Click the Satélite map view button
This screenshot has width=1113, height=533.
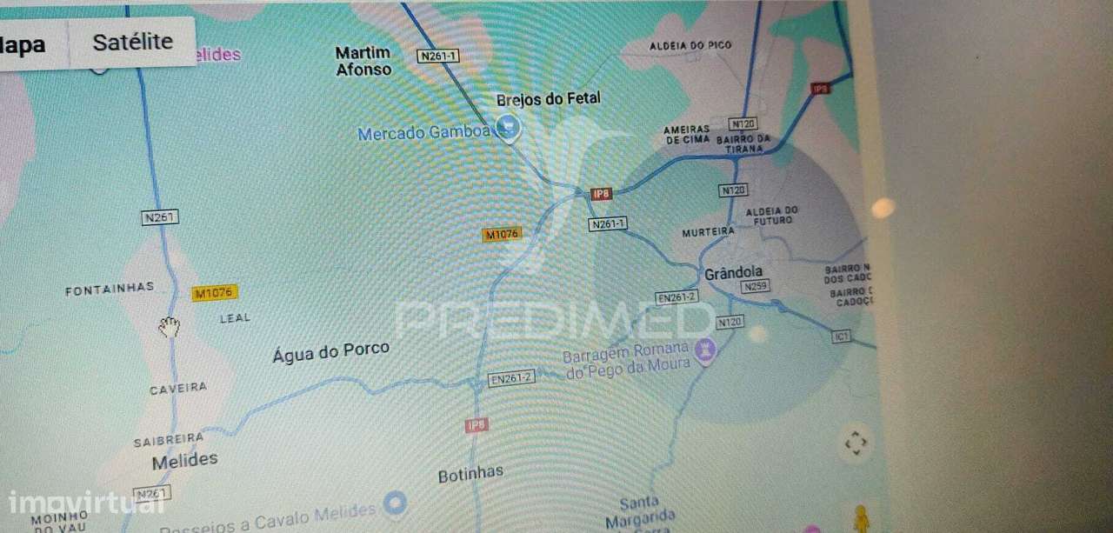point(132,42)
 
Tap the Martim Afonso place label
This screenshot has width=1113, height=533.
point(363,61)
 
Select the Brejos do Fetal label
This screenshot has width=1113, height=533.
point(548,99)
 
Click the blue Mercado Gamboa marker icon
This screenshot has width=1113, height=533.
point(508,130)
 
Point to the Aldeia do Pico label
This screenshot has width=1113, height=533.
point(690,45)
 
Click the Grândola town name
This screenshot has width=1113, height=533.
point(733,273)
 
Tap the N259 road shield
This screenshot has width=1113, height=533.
point(756,286)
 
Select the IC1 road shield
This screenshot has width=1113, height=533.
point(840,336)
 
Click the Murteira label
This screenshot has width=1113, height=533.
point(708,232)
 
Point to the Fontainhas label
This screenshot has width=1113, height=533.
point(110,289)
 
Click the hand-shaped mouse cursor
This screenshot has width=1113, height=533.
point(170,327)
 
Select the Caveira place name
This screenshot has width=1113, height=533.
point(178,389)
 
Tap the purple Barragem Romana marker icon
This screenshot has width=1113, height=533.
point(705,350)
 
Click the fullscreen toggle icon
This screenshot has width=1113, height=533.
point(856,443)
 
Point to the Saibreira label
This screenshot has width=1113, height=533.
point(169,440)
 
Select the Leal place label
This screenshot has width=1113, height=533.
point(235,318)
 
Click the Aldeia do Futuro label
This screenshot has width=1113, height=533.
point(772,215)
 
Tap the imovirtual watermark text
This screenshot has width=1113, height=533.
point(74,503)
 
